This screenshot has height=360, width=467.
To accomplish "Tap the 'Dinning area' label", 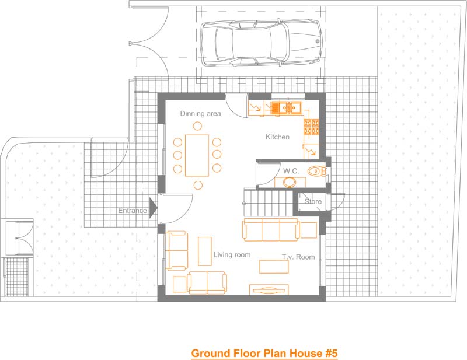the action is tap(200, 113).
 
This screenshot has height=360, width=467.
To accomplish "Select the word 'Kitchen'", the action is tap(277, 137).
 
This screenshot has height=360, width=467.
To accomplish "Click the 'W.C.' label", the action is tap(291, 171).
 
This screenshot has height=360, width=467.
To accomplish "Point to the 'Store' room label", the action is tap(313, 201).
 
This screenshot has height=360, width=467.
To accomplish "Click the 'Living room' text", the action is tap(232, 255).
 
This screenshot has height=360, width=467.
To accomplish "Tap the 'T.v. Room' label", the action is tap(298, 257).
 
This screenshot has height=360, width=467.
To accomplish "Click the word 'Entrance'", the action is tap(133, 211).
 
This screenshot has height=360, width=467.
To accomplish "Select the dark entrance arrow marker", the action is tap(153, 208).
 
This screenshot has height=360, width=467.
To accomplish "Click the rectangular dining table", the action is tap(197, 155).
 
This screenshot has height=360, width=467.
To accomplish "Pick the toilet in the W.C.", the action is tap(316, 171).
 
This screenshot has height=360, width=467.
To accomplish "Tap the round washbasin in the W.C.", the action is tap(289, 181).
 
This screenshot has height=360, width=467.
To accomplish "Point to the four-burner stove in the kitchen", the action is tap(312, 127).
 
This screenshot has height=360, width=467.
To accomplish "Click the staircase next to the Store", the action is tap(269, 203).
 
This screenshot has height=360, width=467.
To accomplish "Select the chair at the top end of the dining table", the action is tap(197, 126).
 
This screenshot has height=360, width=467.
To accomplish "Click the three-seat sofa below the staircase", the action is tap(271, 229).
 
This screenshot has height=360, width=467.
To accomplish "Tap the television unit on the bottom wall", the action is tap(269, 289).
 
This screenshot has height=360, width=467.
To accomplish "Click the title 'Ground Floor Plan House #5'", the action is tap(264, 353).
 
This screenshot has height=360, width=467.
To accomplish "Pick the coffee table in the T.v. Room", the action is tap(274, 267).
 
